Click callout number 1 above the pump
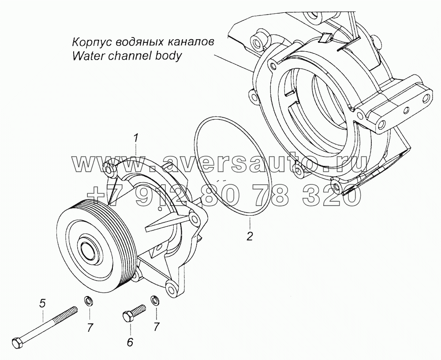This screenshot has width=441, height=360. pos(137,139)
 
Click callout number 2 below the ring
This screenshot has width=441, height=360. pos(250,236)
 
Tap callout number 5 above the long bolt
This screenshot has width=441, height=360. pos(42,303)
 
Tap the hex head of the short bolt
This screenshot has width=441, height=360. pos(127,317)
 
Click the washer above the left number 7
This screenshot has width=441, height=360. pos(88,302)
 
